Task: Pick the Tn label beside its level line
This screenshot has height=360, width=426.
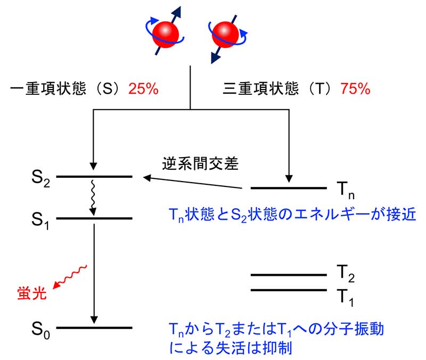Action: click(344, 188)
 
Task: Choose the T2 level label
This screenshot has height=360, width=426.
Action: click(344, 276)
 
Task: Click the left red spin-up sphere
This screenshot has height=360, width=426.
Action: click(164, 34)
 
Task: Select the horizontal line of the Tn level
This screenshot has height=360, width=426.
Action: click(288, 188)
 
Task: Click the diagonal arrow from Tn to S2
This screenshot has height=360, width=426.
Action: click(192, 182)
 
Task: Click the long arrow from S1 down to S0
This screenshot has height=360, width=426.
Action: click(94, 272)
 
